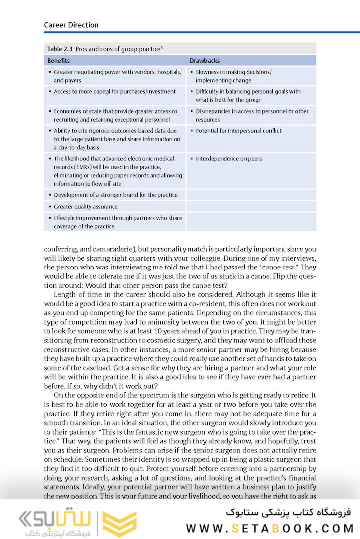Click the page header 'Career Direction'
pyautogui.click(x=71, y=25)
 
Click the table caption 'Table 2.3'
pyautogui.click(x=60, y=49)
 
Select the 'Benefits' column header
pyautogui.click(x=58, y=61)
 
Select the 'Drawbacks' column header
pyautogui.click(x=204, y=61)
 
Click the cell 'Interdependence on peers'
pyautogui.click(x=228, y=159)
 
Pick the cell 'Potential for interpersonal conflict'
pyautogui.click(x=238, y=131)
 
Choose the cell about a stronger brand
pyautogui.click(x=115, y=195)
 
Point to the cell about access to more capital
pyautogui.click(x=114, y=92)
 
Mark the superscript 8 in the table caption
pyautogui.click(x=162, y=47)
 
